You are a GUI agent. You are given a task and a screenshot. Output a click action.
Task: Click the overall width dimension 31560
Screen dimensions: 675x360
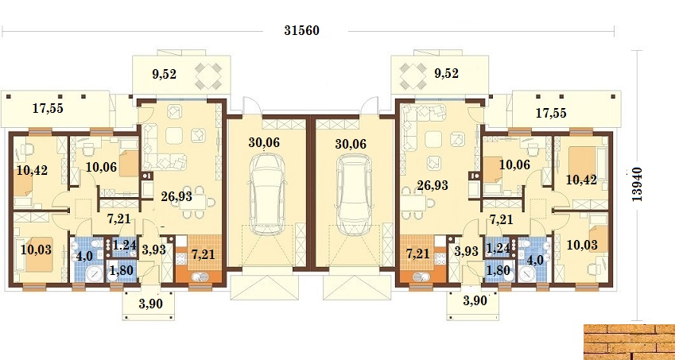[x=302, y=31]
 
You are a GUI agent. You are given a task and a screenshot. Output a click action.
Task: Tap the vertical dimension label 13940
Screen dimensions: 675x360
[x=638, y=184]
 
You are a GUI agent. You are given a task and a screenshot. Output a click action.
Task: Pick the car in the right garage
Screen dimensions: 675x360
[x=354, y=195]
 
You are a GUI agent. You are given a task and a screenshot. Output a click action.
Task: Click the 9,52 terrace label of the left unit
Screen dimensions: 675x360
[x=164, y=75]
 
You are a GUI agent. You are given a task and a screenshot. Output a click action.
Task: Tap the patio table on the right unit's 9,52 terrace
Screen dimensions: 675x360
[x=413, y=76]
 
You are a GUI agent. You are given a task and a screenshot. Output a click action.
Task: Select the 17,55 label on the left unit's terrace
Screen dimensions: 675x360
[x=48, y=108]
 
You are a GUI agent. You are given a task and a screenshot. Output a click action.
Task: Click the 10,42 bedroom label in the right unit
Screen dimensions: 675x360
[x=581, y=180]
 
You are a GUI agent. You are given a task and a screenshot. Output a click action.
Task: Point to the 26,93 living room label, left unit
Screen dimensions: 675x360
[x=177, y=196]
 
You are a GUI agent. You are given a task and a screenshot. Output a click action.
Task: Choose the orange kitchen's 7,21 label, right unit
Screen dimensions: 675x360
[x=418, y=254]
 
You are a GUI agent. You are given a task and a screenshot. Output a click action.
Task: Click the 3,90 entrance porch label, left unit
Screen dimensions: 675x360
[x=151, y=304]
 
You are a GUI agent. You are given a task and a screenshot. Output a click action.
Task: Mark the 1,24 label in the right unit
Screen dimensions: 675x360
[x=497, y=248]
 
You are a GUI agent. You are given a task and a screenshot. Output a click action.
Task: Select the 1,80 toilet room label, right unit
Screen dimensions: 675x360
[x=497, y=271]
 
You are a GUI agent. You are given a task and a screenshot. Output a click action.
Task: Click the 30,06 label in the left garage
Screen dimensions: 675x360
[x=264, y=143]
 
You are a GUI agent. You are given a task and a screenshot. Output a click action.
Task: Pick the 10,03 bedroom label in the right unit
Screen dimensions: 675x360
[x=582, y=245]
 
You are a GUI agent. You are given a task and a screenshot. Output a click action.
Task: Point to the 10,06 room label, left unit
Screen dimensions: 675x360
[x=101, y=167]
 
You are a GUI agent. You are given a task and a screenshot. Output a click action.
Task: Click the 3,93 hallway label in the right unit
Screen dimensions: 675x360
[x=467, y=251]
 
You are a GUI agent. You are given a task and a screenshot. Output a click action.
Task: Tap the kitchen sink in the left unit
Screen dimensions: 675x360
[x=199, y=277]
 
